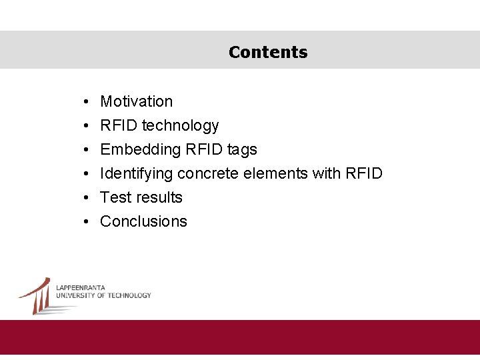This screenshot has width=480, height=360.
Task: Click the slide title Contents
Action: [268, 52]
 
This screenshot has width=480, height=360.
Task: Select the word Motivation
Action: [136, 101]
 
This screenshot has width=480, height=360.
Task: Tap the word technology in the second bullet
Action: [180, 125]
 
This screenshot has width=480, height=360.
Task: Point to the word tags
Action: [242, 149]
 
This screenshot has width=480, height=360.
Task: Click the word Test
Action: [114, 197]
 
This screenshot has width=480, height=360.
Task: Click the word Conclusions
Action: [143, 221]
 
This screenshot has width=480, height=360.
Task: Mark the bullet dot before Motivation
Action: [87, 102]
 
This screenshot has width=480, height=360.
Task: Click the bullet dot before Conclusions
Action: [87, 222]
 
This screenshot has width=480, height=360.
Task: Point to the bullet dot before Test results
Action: [87, 198]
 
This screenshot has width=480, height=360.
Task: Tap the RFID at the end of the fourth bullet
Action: [364, 173]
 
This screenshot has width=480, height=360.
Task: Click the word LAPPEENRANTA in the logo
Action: [80, 288]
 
